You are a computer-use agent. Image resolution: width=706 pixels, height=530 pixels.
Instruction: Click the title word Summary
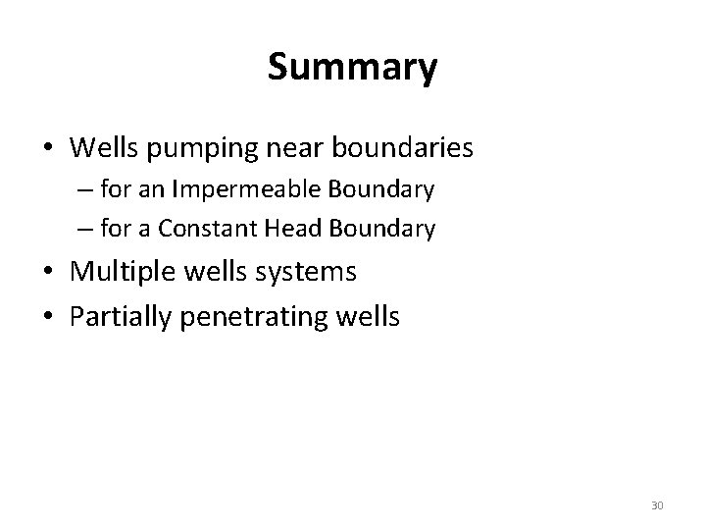(x=352, y=69)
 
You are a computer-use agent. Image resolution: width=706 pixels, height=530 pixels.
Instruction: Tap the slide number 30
(x=657, y=505)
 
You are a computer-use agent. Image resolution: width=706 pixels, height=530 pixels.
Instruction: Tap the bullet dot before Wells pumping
(x=47, y=149)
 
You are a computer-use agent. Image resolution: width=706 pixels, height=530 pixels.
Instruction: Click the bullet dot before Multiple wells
(x=47, y=272)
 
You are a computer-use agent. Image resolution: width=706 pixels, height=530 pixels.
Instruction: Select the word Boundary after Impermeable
(x=383, y=189)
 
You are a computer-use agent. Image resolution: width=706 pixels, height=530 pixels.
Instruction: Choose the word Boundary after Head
(x=384, y=230)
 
